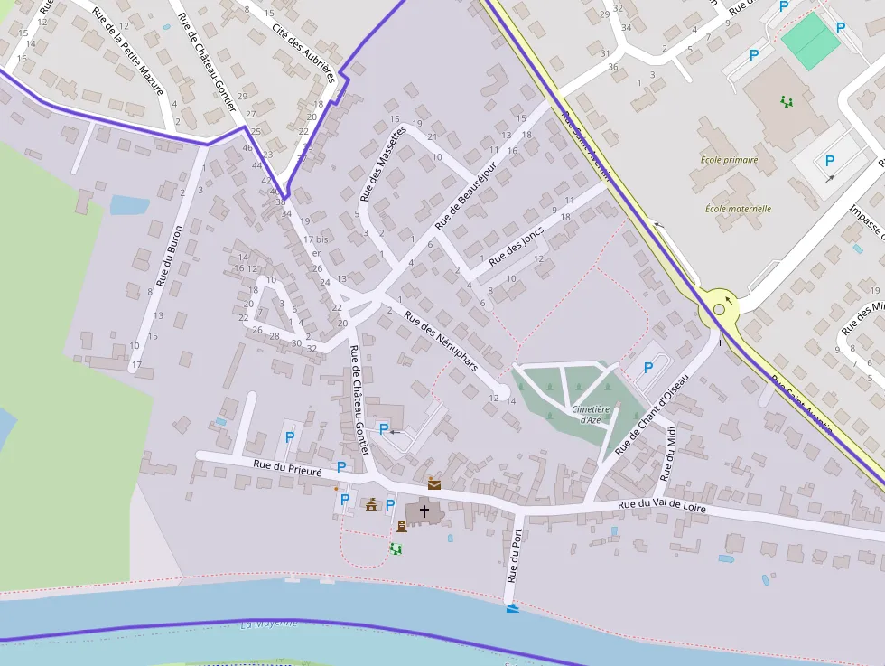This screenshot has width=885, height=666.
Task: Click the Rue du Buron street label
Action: [169, 256]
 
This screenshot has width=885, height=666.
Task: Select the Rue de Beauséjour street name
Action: [466, 195]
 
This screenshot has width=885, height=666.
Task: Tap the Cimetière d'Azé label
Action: [592, 414]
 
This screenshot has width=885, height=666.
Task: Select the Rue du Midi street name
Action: [668, 454]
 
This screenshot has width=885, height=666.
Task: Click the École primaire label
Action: [729, 160]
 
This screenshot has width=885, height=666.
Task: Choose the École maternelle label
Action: [738, 209]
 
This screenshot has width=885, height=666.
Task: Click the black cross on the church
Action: [424, 511]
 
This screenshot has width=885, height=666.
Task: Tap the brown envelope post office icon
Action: [434, 483]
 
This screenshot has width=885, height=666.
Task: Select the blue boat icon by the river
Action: [513, 608]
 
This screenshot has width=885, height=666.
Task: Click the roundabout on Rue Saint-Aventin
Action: [719, 309]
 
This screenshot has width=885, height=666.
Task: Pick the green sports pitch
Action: [810, 41]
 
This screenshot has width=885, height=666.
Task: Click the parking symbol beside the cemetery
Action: [647, 368]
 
